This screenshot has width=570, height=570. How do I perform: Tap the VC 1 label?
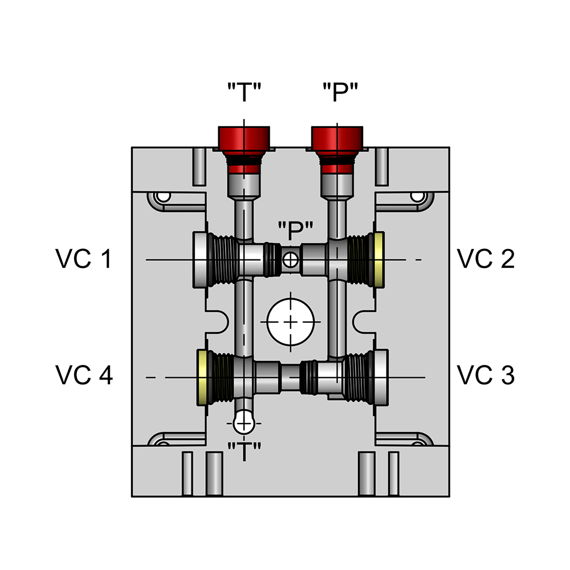(84, 259)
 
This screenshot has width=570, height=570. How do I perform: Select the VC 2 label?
(486, 259)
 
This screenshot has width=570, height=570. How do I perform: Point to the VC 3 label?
(486, 376)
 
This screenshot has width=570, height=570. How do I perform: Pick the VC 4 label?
(84, 376)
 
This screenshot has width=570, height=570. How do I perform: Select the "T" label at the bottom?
(244, 451)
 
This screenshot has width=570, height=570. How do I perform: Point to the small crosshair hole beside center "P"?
(291, 260)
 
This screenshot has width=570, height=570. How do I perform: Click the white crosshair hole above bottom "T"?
(244, 422)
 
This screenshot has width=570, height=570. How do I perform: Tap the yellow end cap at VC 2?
(378, 260)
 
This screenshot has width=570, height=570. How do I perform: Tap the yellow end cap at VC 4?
(202, 377)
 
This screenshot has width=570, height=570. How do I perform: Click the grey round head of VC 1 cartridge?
(201, 260)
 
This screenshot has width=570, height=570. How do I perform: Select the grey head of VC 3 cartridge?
(380, 377)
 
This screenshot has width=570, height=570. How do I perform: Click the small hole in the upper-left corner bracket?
(164, 197)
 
